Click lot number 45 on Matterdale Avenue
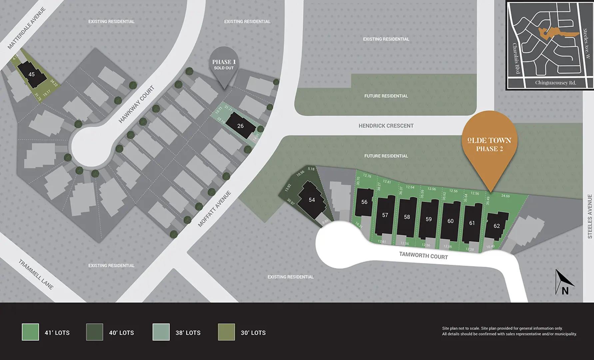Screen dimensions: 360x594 coord(32,74)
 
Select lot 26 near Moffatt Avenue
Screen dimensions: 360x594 coord(241,126)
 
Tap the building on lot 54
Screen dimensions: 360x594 coord(311,200)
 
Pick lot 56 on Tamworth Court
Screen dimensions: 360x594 coord(364,202)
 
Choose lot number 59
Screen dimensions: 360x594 coord(428,219)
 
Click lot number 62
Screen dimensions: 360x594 coord(496,226)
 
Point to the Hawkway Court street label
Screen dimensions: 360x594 coord(137,104)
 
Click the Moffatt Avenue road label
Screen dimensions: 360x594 coord(214,209)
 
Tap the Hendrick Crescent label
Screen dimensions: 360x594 coord(386,126)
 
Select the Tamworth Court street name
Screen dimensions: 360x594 coord(423,256)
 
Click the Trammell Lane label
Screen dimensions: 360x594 coord(36,274)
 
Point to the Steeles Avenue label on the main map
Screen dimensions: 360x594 coord(590,216)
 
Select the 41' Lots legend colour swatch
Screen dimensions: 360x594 coord(30,332)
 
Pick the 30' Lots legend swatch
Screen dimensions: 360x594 coord(226,332)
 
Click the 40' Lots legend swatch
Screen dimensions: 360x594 coord(94,332)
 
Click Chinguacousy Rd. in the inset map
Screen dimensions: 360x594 coord(555,83)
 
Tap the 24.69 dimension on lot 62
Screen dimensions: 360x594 coord(505,196)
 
